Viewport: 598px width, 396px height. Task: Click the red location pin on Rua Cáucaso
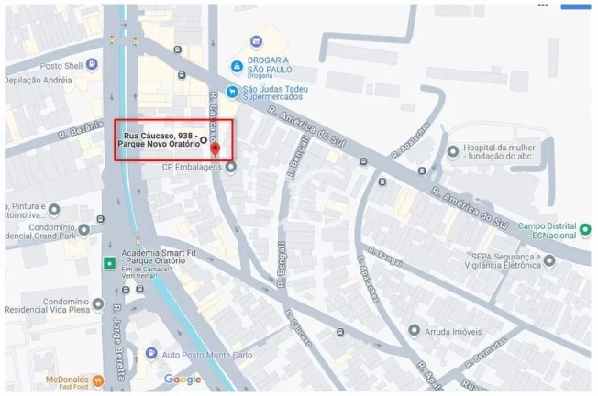coord(215,148)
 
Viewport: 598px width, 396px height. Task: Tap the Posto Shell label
coord(37,66)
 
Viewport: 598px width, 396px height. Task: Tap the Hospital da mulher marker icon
coord(452,151)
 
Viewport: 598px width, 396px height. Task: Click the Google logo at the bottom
coord(183,379)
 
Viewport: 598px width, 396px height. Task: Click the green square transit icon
coord(109,263)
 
